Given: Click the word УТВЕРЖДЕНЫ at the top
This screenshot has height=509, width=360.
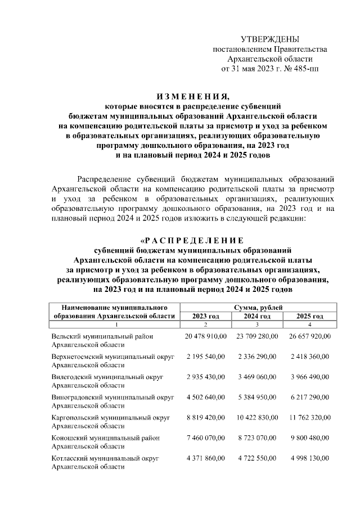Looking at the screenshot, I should pyautogui.click(x=269, y=39).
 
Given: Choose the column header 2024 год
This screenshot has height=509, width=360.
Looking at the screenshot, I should pyautogui.click(x=258, y=316).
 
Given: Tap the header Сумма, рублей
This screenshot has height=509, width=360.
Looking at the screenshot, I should pyautogui.click(x=258, y=307).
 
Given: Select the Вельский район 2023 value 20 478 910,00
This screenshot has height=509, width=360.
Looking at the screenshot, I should pyautogui.click(x=205, y=336).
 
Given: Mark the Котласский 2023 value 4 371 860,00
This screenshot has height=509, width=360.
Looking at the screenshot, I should pyautogui.click(x=205, y=459).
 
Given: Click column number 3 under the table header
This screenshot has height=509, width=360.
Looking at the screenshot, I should pyautogui.click(x=258, y=325).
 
